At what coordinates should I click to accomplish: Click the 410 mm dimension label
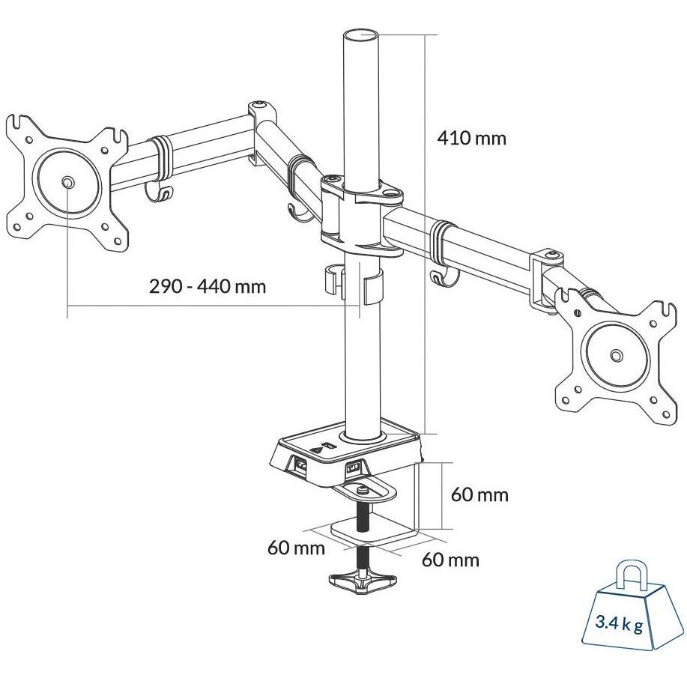click(x=471, y=139)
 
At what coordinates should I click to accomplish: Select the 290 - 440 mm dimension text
click(x=208, y=287)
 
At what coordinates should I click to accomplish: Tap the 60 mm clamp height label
click(x=479, y=494)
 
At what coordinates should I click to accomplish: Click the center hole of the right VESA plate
click(x=616, y=356)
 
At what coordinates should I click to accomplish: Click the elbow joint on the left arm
click(x=261, y=124)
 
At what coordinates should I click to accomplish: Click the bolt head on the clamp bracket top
click(x=363, y=491)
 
